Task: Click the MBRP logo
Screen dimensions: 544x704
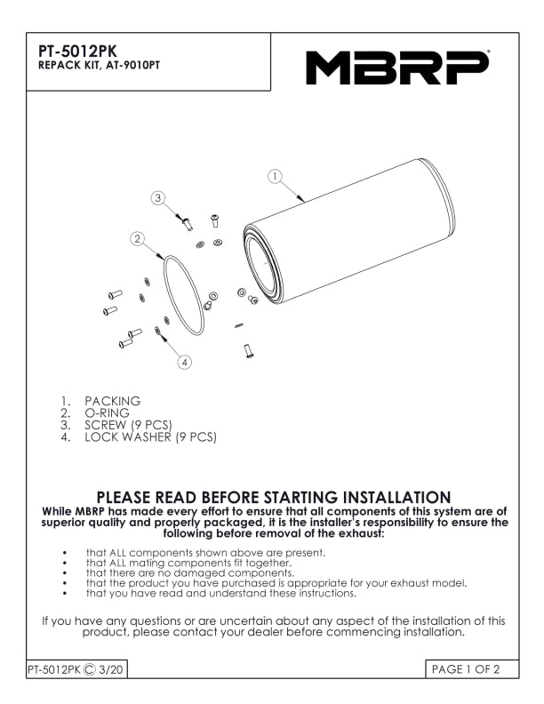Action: coord(397,68)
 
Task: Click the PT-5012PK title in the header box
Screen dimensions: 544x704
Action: coord(77,52)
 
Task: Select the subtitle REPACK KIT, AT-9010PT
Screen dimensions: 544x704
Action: coord(99,66)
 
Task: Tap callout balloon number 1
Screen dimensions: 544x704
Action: coord(275,177)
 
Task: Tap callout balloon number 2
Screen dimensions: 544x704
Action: coord(138,239)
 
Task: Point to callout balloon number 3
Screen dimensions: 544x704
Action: coord(157,198)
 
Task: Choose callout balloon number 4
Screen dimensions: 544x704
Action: coord(185,362)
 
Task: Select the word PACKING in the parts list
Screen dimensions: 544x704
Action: coord(113,401)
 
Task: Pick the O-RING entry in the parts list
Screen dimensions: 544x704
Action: coord(107,413)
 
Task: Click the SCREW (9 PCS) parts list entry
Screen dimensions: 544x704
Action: coord(128,425)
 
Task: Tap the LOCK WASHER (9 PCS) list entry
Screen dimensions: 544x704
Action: coord(151,436)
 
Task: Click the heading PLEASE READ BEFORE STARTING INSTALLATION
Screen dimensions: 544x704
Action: coord(274,498)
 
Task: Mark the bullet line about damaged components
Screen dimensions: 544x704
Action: coord(190,573)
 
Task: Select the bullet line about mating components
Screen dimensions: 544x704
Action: coord(189,563)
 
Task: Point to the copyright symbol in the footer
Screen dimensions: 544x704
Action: coord(90,670)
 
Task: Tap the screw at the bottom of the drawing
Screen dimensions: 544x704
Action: coord(249,351)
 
